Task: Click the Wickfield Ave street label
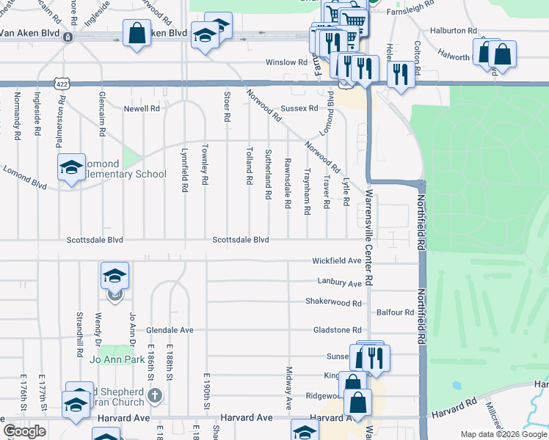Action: (337, 260)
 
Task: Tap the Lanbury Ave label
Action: (339, 282)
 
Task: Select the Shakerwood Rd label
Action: (334, 302)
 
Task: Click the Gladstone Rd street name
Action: (337, 330)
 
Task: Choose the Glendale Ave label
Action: (170, 330)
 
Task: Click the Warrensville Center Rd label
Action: (368, 238)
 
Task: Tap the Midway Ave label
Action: (289, 389)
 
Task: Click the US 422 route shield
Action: (62, 85)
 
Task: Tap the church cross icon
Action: (154, 396)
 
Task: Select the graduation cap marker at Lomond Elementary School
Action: (71, 167)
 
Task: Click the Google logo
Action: (24, 432)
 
